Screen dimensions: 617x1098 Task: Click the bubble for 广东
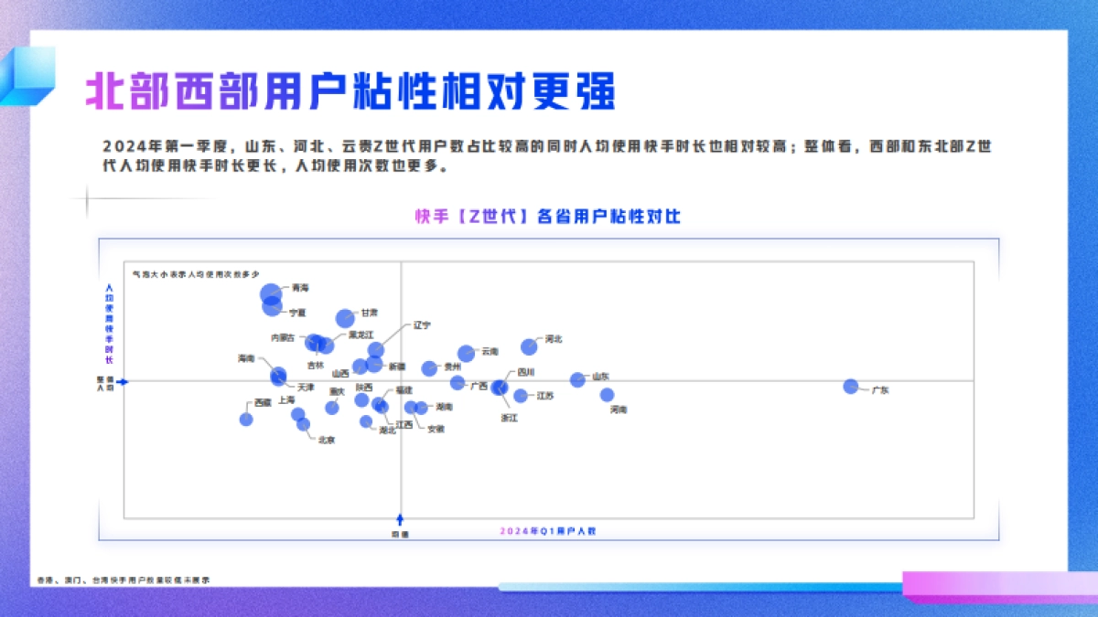[851, 386]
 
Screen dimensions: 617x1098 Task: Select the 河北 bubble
[529, 346]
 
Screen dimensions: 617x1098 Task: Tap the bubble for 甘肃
[344, 318]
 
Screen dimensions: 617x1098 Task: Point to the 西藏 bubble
[246, 419]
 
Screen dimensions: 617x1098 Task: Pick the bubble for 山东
[577, 379]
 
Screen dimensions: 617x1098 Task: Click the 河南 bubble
[607, 395]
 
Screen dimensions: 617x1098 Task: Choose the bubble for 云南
[466, 353]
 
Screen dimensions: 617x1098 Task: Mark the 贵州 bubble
[429, 368]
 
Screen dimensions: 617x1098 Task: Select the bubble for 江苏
[521, 396]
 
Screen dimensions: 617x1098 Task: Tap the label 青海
[300, 288]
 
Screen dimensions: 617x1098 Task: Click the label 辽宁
[422, 324]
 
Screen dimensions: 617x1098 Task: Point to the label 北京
[326, 440]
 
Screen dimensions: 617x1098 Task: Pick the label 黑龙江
[361, 335]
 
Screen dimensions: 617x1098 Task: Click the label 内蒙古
[283, 337]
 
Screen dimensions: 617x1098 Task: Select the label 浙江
[509, 418]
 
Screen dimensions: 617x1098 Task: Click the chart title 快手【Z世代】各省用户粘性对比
[548, 218]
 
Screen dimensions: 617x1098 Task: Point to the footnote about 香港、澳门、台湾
[124, 580]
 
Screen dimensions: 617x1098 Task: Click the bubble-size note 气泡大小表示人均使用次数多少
[197, 273]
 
